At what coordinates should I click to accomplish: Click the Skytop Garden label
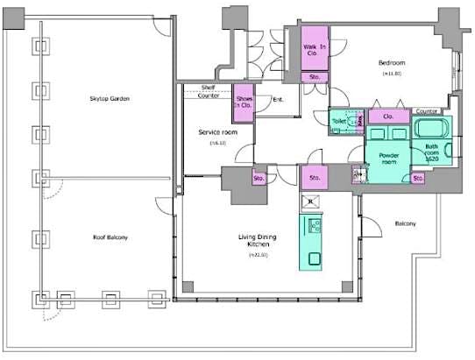tap(110, 99)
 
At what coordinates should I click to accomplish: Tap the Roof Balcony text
tap(111, 236)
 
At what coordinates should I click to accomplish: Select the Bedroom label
tap(391, 63)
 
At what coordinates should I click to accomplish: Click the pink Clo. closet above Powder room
tap(386, 116)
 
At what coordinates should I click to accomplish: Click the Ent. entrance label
tap(277, 99)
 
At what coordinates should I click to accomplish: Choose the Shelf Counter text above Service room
tap(209, 91)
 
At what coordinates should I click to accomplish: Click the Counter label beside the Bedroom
tap(426, 111)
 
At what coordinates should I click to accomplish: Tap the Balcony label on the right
tap(404, 224)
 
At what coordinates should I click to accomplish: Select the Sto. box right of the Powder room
tap(418, 178)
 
